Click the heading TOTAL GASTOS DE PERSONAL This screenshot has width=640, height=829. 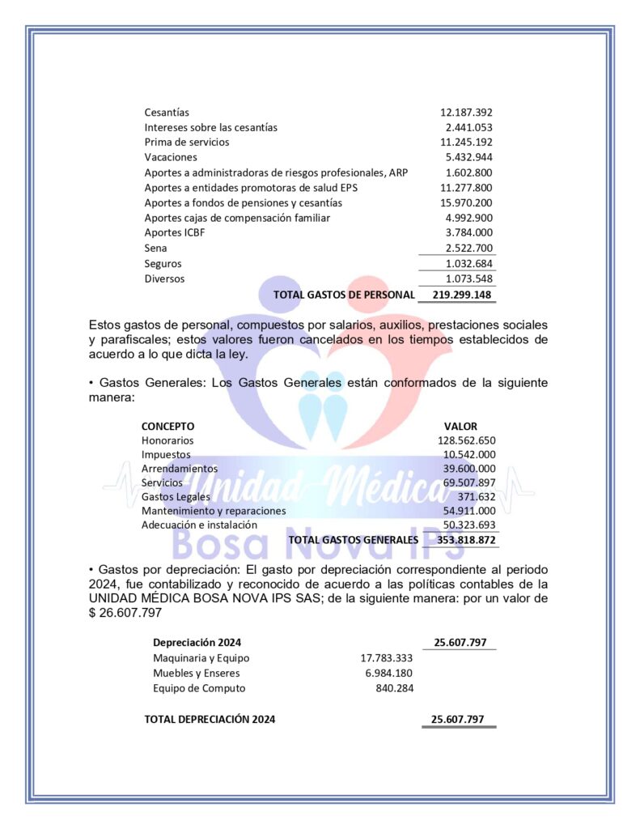coord(344,295)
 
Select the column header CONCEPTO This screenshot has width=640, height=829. coord(168,426)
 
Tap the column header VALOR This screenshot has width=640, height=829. coord(460,426)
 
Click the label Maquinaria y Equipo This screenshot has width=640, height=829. coord(201,658)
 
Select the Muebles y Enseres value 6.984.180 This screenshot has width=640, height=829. coord(389,673)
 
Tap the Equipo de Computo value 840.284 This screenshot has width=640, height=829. coord(395,688)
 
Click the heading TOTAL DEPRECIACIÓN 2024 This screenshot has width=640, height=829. coord(210,719)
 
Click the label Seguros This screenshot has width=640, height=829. coord(163,264)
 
